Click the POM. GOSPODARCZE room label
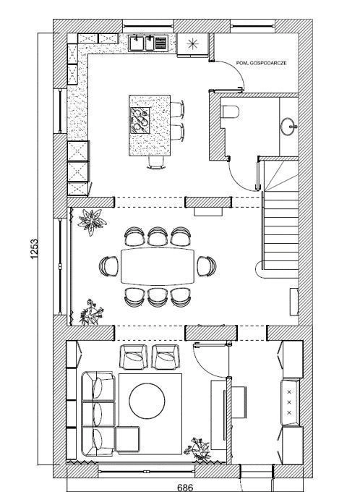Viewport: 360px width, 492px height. (x=261, y=63)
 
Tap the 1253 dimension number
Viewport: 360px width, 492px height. (x=34, y=249)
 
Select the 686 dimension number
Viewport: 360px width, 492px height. (x=185, y=487)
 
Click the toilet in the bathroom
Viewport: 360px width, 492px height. (x=230, y=111)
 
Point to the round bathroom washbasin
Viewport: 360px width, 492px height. (x=288, y=127)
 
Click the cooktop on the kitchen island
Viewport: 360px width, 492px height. (x=140, y=121)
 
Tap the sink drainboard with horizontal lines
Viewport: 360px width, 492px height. (x=161, y=43)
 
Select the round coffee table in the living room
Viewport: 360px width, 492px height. (x=147, y=401)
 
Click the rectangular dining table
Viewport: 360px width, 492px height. (x=158, y=266)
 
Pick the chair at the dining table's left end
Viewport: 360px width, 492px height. (x=109, y=266)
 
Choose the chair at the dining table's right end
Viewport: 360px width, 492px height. (x=207, y=266)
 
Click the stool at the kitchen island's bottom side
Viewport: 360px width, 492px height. (x=156, y=163)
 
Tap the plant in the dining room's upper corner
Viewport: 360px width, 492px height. (x=92, y=221)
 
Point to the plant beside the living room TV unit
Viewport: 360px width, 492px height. (x=197, y=449)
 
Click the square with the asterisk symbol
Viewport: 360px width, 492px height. (x=192, y=44)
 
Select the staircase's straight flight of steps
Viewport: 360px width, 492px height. (x=281, y=230)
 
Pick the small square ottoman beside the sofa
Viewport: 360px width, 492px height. (x=128, y=439)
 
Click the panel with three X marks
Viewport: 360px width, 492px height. (x=290, y=402)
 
